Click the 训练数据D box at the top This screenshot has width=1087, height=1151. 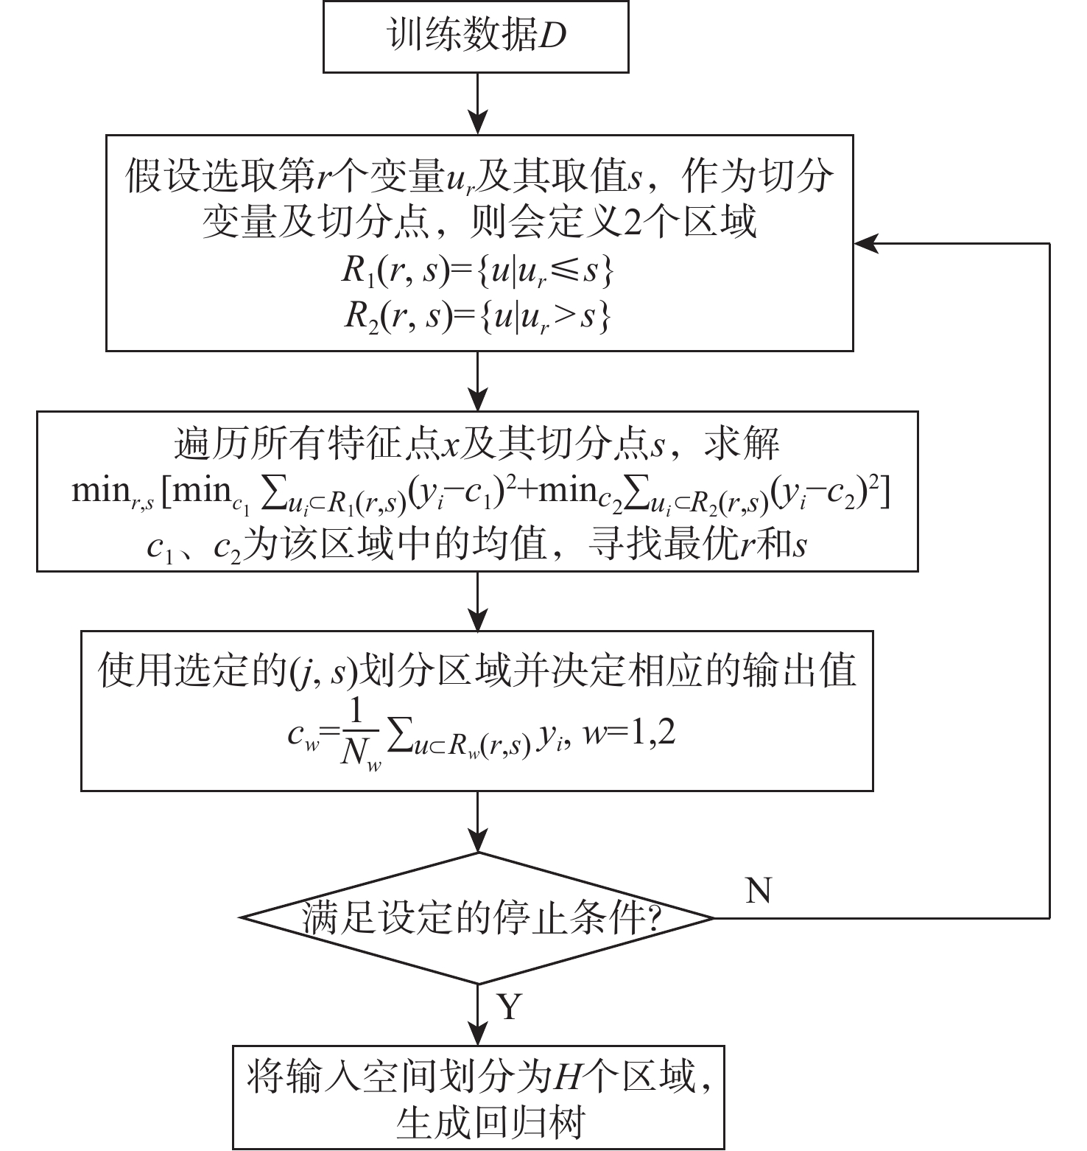pyautogui.click(x=476, y=37)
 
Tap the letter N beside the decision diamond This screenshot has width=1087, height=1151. pyautogui.click(x=759, y=891)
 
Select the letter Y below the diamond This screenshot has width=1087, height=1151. pyautogui.click(x=510, y=1007)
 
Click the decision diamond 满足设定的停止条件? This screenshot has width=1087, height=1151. pyautogui.click(x=478, y=918)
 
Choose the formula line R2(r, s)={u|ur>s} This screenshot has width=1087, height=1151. pyautogui.click(x=477, y=318)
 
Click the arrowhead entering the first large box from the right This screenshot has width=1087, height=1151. pyautogui.click(x=865, y=243)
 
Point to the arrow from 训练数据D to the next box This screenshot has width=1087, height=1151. pyautogui.click(x=478, y=103)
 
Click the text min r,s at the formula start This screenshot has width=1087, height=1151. pyautogui.click(x=113, y=492)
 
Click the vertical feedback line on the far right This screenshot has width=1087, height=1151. pyautogui.click(x=1048, y=582)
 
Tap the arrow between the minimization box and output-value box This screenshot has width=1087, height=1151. pyautogui.click(x=478, y=601)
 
